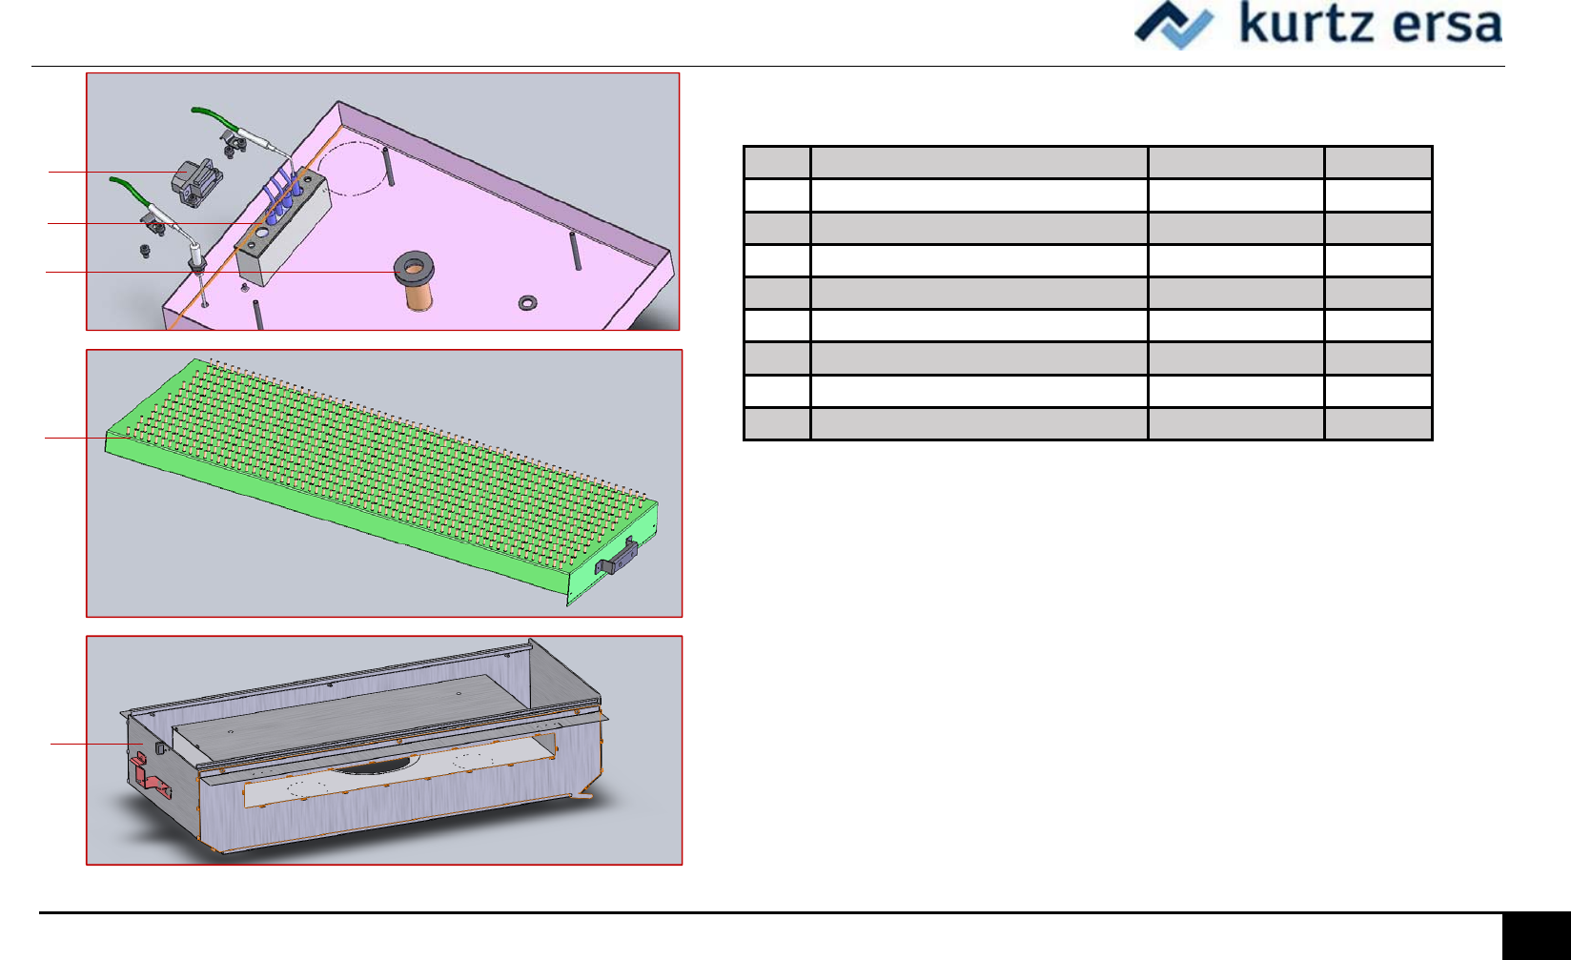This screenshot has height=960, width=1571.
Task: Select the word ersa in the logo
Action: click(x=1448, y=26)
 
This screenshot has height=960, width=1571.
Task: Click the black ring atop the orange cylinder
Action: click(x=414, y=268)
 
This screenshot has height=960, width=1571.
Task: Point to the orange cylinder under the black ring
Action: click(x=418, y=296)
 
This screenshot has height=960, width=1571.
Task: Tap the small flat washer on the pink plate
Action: click(x=527, y=303)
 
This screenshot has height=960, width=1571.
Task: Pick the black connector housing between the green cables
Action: click(x=196, y=182)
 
